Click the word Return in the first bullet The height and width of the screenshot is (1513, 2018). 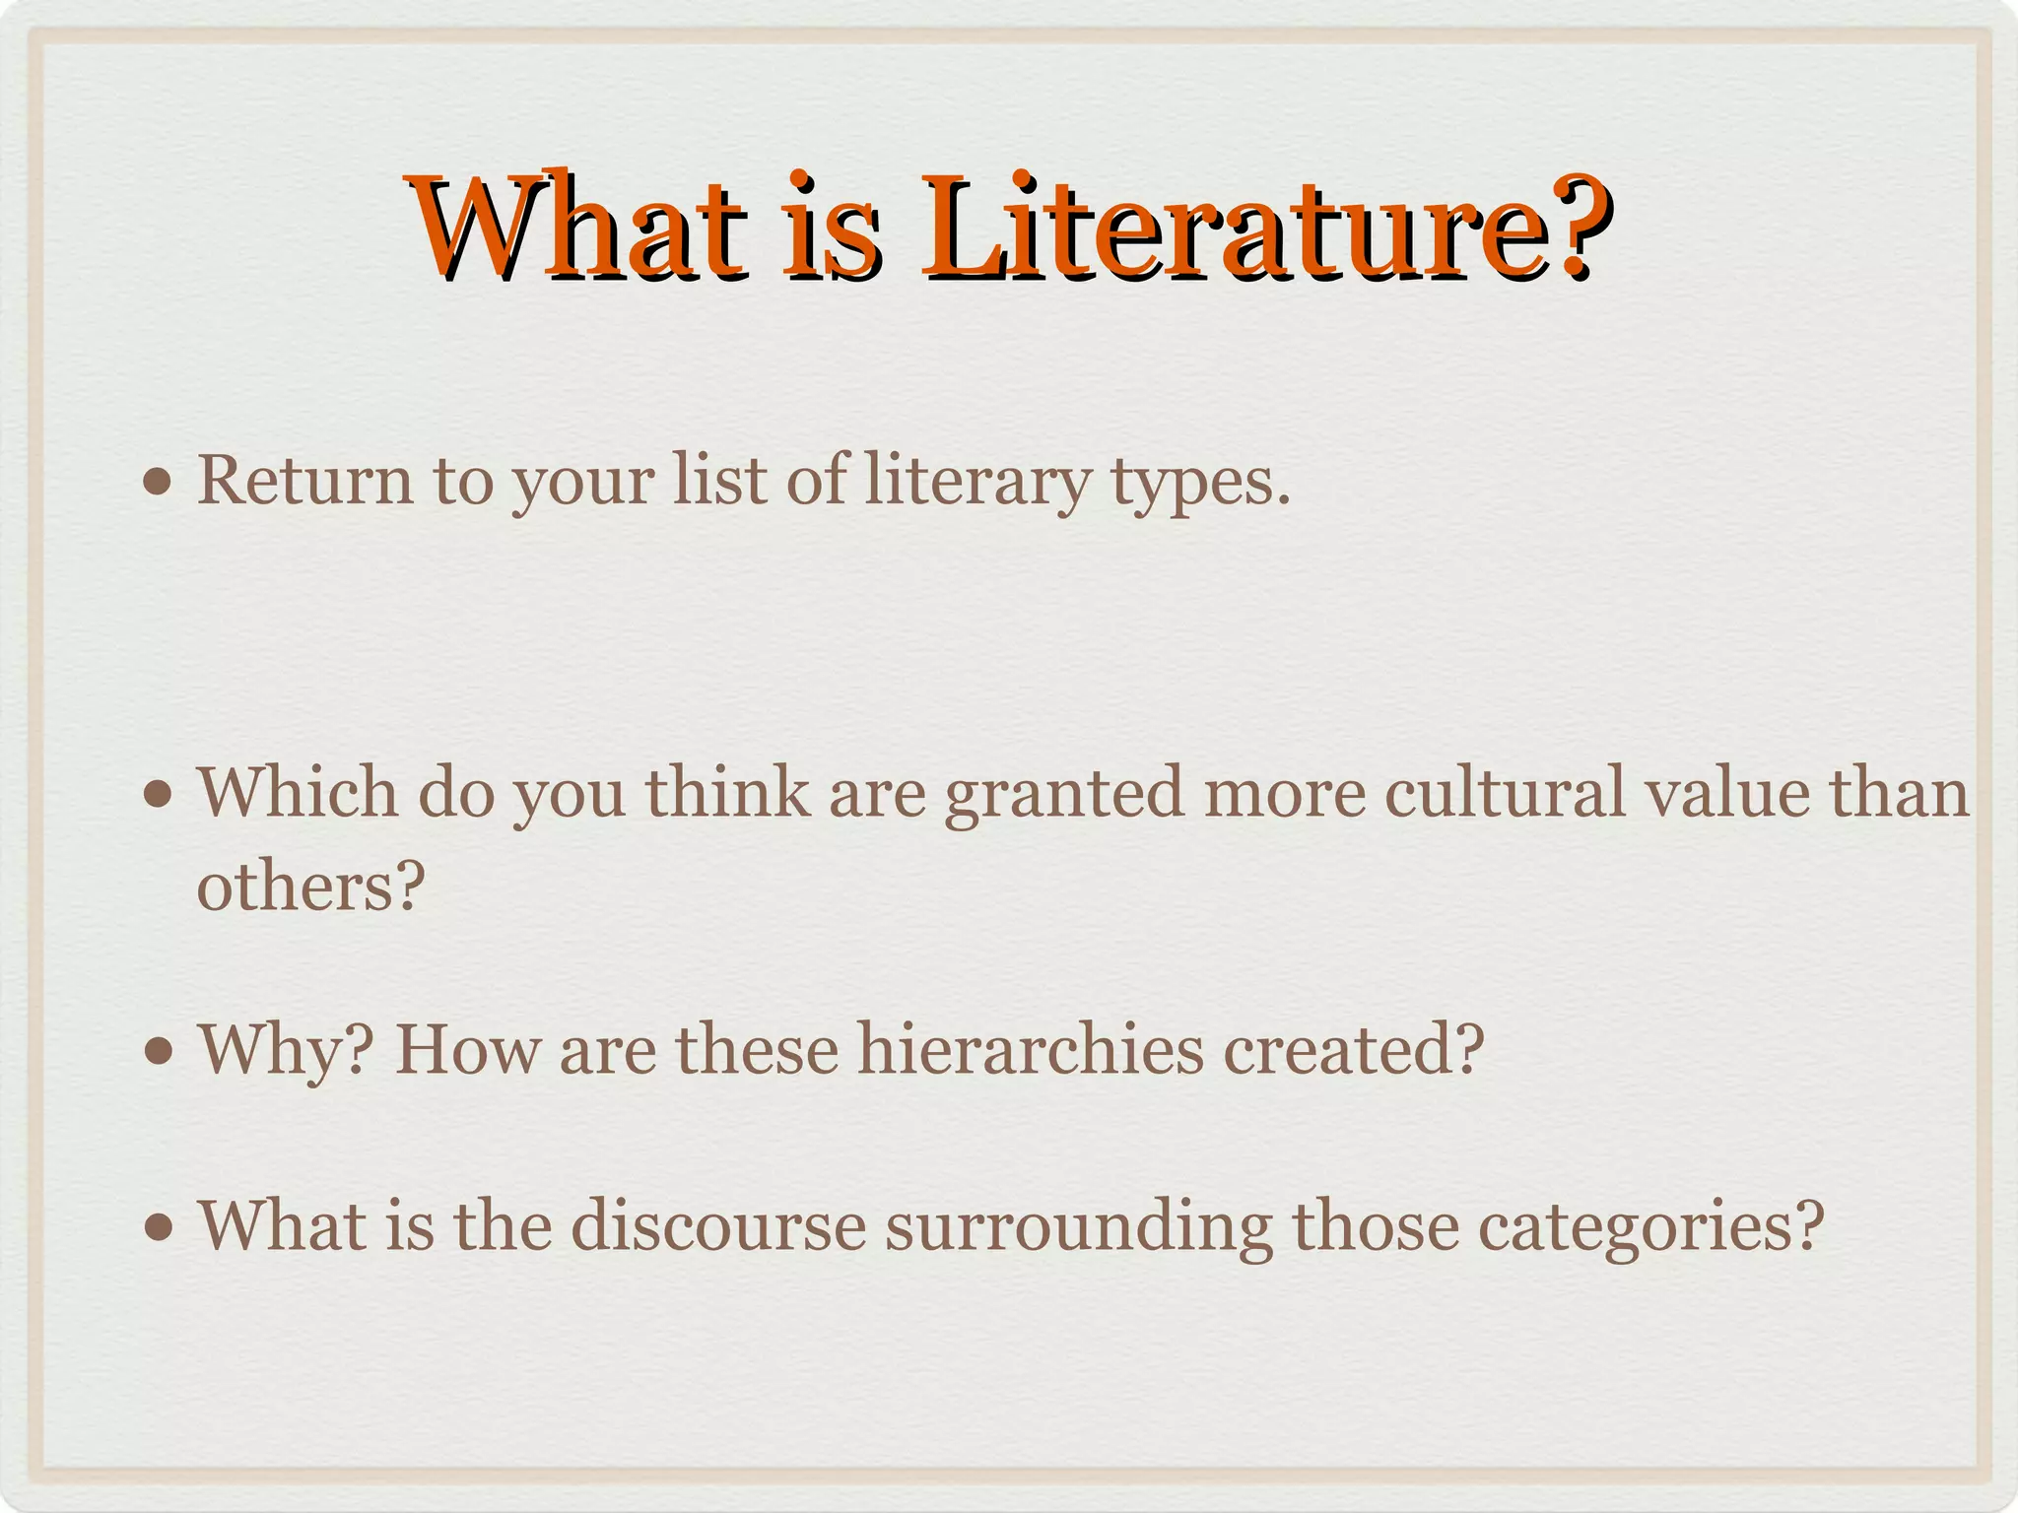pyautogui.click(x=305, y=482)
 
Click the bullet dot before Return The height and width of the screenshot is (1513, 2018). pyautogui.click(x=157, y=484)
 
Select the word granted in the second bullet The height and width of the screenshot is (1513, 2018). pyautogui.click(x=1063, y=794)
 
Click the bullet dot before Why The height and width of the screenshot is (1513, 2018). pyautogui.click(x=157, y=1051)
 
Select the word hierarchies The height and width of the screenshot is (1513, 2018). pyautogui.click(x=1030, y=1049)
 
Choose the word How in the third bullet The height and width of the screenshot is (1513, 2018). pyautogui.click(x=467, y=1049)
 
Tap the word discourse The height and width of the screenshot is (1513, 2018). pyautogui.click(x=718, y=1226)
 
